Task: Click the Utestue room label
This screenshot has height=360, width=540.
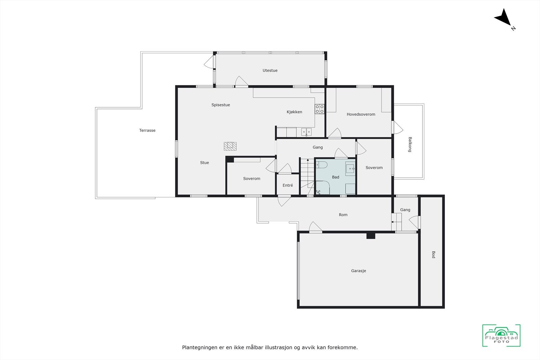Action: (x=270, y=71)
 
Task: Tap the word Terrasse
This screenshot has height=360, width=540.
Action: (x=147, y=131)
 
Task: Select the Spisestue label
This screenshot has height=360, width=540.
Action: (x=221, y=105)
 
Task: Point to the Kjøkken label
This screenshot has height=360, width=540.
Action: (x=294, y=112)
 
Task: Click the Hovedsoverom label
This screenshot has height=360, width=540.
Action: (x=361, y=114)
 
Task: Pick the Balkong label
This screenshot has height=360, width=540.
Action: (x=410, y=144)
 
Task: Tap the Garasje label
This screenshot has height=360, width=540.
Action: (x=358, y=271)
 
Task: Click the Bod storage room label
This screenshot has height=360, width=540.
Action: (x=433, y=255)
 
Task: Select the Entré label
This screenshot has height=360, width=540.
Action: (x=288, y=186)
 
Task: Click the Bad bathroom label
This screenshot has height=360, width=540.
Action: (x=335, y=177)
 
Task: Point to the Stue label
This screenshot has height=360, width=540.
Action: (x=205, y=163)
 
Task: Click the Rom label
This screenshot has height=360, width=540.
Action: (x=343, y=215)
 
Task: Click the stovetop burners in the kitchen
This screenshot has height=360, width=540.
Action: (x=320, y=109)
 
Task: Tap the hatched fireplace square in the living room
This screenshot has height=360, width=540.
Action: (x=230, y=146)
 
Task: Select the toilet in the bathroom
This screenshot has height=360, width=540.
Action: (x=322, y=165)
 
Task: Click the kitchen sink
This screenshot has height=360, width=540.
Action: (x=306, y=132)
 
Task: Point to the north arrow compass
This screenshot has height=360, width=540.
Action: (x=504, y=19)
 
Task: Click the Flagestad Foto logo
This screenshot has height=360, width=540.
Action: (x=501, y=336)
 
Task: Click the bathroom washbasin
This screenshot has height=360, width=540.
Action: (x=350, y=168)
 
